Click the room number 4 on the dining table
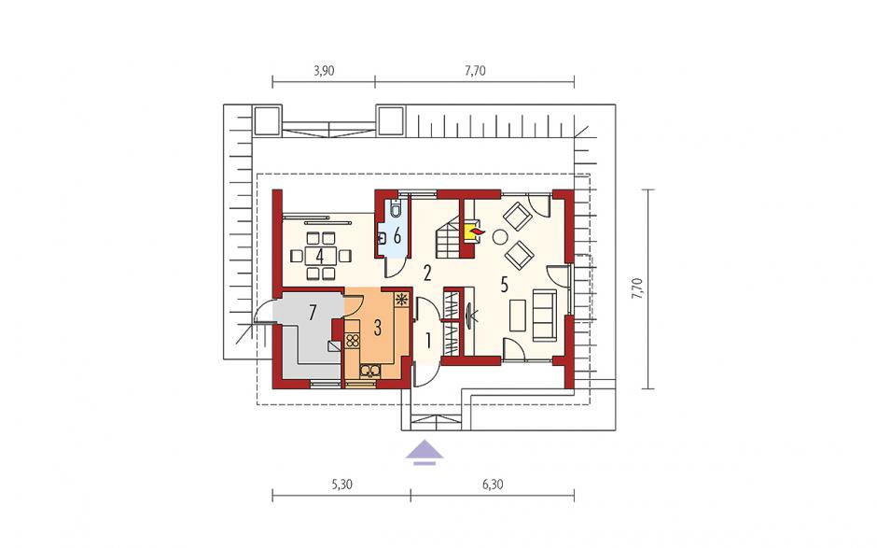(319, 257)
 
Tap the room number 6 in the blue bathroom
(397, 236)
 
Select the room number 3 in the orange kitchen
(378, 328)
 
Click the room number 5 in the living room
(504, 285)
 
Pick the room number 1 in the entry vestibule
(428, 340)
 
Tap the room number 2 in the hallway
(427, 274)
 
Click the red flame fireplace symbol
(477, 230)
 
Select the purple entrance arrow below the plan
(425, 452)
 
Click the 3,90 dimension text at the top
(324, 71)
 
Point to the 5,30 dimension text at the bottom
(341, 485)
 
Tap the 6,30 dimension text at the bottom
(493, 485)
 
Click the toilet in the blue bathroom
(396, 209)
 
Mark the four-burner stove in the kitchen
(352, 341)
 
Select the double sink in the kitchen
(369, 370)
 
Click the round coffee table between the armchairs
(499, 237)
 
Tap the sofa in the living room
(544, 316)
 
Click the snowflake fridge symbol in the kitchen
(401, 300)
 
